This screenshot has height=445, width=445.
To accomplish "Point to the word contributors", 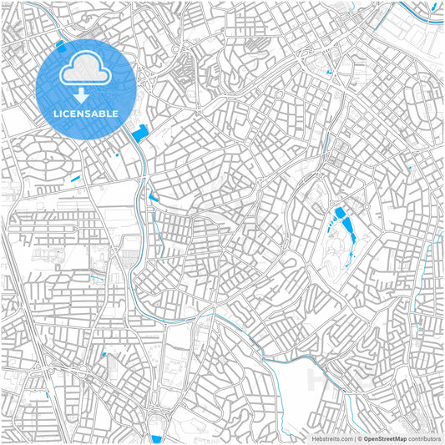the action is pyautogui.click(x=424, y=437).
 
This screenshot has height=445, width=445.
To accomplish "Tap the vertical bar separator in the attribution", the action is pyautogui.click(x=355, y=437).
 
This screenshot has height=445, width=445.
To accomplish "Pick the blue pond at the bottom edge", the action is pyautogui.click(x=155, y=438).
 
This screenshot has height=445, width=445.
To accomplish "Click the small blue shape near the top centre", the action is pyautogui.click(x=330, y=73).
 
